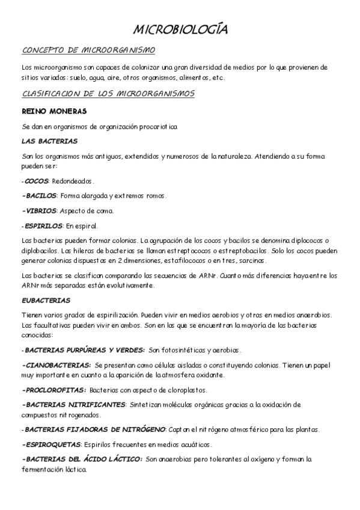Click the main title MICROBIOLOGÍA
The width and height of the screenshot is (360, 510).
180,29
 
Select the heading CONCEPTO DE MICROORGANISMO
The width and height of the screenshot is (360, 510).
88,50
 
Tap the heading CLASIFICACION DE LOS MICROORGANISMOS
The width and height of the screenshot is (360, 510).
108,94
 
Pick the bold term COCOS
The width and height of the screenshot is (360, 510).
36,181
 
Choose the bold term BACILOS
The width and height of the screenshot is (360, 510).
40,196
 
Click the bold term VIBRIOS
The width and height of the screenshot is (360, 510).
40,211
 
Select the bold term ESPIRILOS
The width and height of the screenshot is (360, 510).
43,226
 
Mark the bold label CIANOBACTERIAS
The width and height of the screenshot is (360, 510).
57,365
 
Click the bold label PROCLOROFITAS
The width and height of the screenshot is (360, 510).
55,390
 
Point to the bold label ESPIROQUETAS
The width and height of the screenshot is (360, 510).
52,444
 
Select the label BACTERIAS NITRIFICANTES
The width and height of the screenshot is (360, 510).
75,405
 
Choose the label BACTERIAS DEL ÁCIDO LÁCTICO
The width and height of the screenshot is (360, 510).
83,459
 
